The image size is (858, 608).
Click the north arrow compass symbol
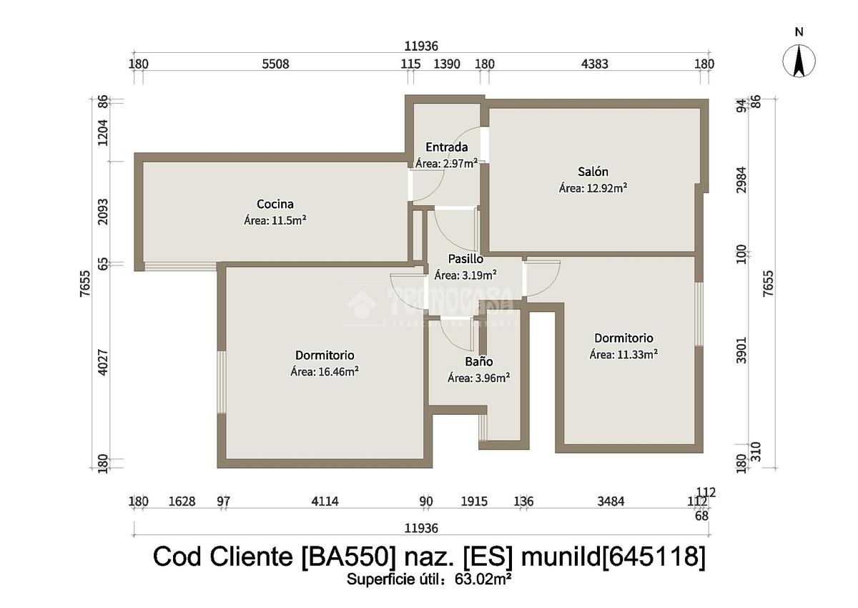point(799,61)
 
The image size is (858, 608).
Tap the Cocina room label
point(275,204)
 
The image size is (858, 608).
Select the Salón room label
point(593,172)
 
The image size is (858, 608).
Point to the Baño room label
point(478,362)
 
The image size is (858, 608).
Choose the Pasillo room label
point(465,258)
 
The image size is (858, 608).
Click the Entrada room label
point(446,147)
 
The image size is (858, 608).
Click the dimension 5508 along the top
point(275,64)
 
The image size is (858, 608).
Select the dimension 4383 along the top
point(595,64)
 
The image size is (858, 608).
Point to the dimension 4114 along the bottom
point(325,501)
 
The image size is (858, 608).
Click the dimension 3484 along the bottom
point(611,501)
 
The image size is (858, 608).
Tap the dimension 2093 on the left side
point(103,212)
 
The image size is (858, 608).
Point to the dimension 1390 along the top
point(447,64)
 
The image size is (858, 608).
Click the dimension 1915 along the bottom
point(474,501)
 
